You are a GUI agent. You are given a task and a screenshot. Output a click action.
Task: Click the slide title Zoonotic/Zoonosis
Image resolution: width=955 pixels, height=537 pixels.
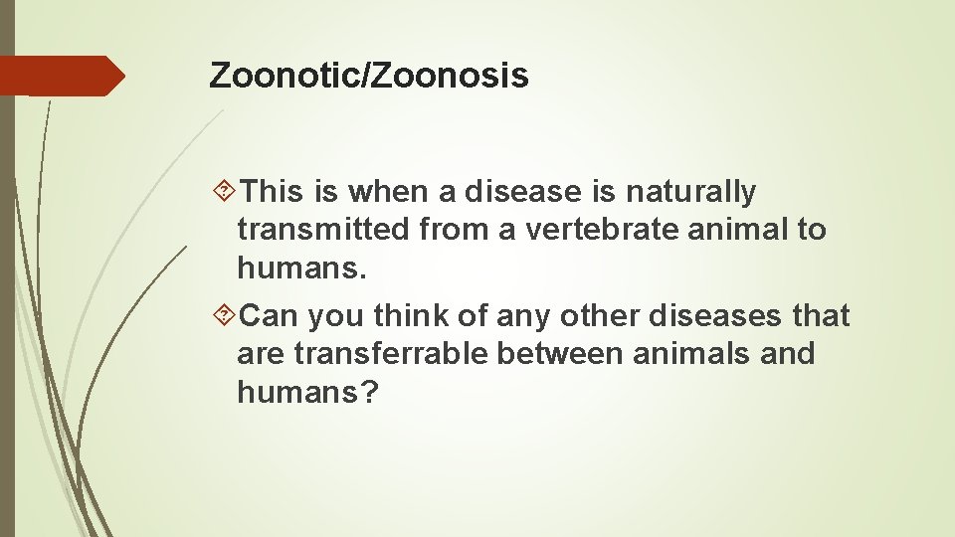(x=368, y=76)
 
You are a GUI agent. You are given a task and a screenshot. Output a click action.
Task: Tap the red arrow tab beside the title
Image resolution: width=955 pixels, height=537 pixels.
(x=62, y=76)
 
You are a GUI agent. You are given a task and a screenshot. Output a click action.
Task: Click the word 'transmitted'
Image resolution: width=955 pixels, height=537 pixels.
(x=324, y=230)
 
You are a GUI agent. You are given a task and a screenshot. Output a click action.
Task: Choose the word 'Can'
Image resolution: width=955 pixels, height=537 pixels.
(x=271, y=316)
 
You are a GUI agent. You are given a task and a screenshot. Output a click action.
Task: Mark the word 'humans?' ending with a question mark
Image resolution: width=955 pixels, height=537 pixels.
(x=307, y=392)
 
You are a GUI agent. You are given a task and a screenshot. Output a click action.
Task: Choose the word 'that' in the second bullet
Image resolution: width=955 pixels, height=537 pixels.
(x=822, y=316)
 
